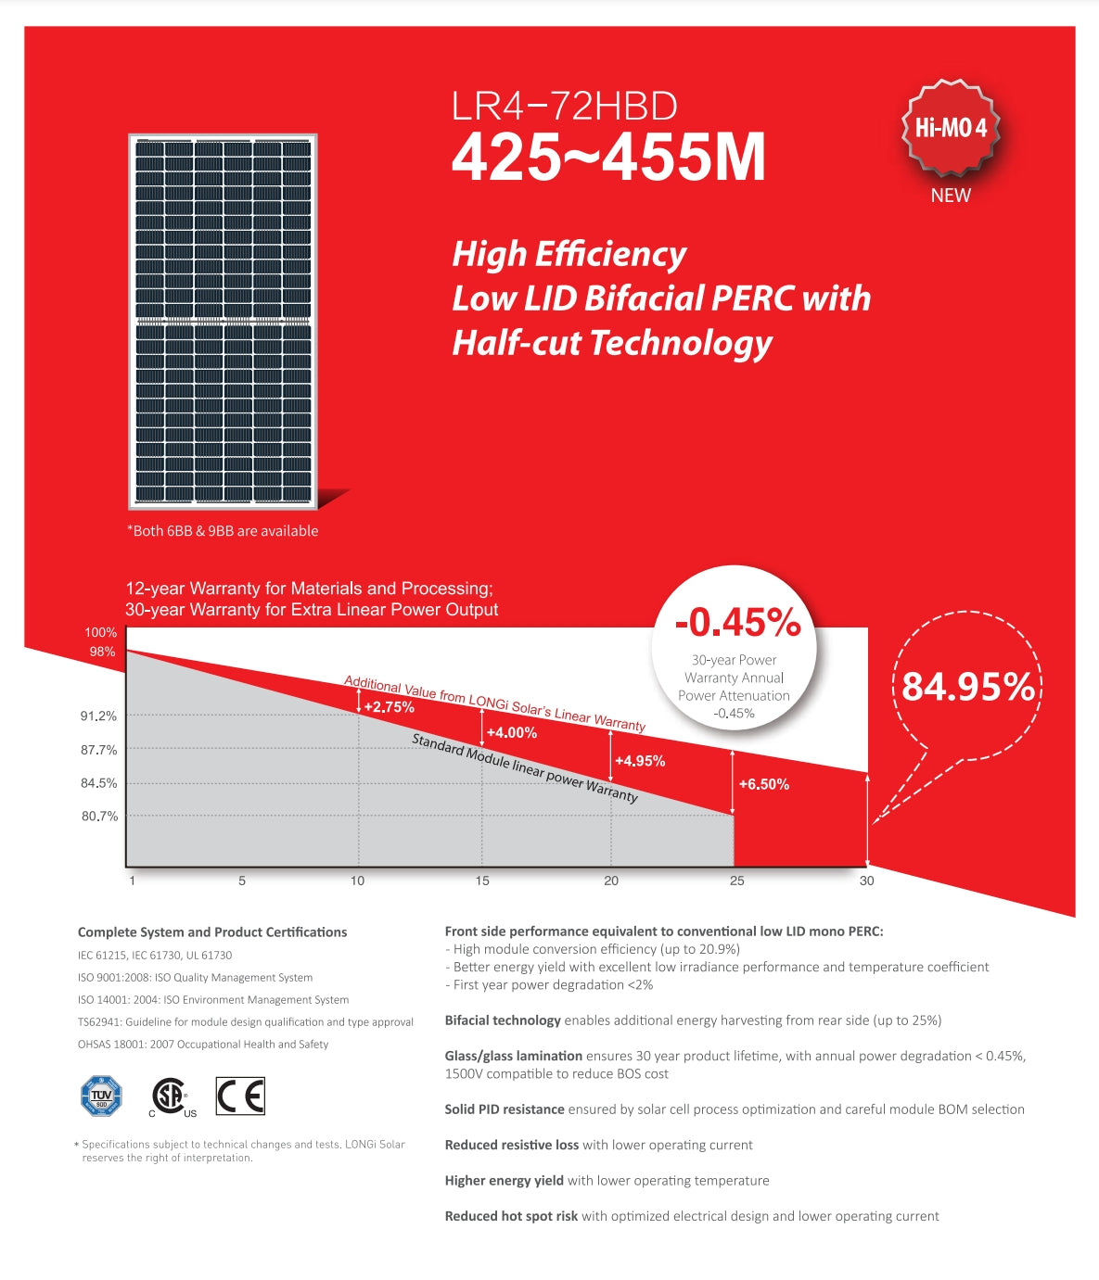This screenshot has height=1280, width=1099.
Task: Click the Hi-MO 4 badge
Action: click(951, 128)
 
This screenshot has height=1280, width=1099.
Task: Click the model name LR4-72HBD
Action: click(564, 106)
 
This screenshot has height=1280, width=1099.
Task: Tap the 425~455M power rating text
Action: click(608, 158)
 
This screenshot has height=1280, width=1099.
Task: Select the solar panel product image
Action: click(223, 322)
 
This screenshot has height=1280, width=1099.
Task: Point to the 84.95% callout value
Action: click(967, 687)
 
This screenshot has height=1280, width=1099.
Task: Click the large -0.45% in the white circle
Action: click(737, 623)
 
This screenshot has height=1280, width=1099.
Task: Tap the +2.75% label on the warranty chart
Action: click(389, 707)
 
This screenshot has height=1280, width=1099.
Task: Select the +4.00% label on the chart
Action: click(511, 732)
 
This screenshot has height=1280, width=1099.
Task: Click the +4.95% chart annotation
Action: click(640, 761)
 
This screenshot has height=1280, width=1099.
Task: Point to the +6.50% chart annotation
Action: click(763, 784)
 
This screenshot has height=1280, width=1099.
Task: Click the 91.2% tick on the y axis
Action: click(98, 716)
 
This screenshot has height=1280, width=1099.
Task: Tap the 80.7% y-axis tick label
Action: click(99, 817)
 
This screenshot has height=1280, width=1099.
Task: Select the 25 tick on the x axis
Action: click(736, 881)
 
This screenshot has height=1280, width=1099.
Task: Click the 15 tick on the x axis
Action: click(482, 881)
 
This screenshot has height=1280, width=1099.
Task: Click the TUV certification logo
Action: click(101, 1096)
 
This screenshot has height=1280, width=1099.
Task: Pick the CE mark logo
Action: click(240, 1096)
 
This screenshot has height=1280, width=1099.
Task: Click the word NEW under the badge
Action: click(951, 196)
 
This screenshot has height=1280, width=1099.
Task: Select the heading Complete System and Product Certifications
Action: click(212, 932)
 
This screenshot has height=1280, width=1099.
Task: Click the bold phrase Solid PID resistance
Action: click(505, 1109)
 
